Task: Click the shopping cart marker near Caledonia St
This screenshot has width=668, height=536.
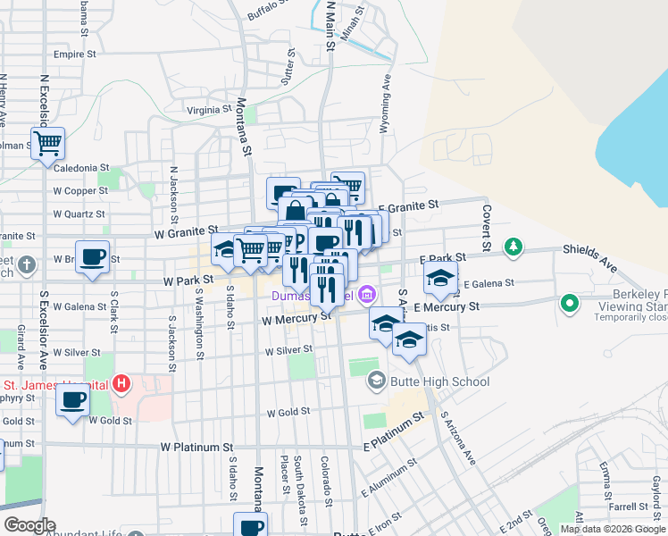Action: tap(47, 143)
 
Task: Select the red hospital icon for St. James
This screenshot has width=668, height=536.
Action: tap(121, 385)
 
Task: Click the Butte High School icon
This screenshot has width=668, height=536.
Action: tap(376, 381)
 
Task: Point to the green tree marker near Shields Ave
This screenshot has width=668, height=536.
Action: tap(513, 245)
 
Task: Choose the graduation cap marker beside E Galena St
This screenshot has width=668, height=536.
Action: tap(440, 278)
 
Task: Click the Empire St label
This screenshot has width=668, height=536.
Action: tap(74, 54)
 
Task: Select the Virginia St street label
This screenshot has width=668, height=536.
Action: tap(209, 110)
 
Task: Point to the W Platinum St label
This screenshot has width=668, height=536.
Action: tap(196, 446)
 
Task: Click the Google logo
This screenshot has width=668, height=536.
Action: tap(29, 524)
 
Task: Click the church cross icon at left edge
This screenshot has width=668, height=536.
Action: tap(28, 264)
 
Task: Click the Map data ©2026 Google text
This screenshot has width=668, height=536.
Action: tap(613, 529)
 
